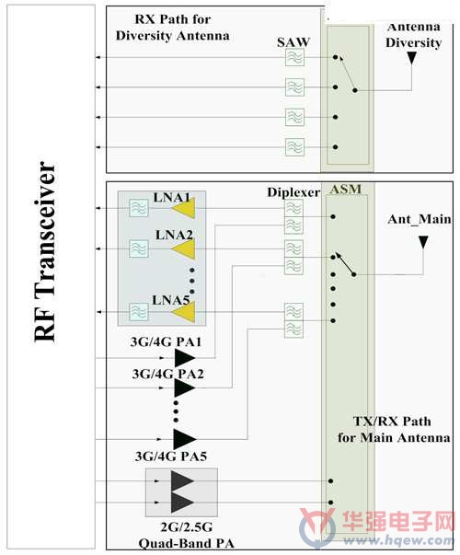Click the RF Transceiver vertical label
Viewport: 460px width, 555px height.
[45, 252]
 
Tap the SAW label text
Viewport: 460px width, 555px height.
[293, 42]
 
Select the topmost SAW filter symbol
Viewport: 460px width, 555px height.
[294, 57]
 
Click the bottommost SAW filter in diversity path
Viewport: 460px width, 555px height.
[294, 147]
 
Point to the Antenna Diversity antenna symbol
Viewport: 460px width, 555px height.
[411, 58]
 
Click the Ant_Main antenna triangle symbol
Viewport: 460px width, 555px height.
[423, 242]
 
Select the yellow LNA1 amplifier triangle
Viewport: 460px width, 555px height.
[184, 209]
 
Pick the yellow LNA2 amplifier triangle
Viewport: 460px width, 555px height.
[184, 249]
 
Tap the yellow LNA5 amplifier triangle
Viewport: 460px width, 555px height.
[184, 312]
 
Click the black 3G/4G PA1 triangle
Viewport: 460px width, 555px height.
[184, 358]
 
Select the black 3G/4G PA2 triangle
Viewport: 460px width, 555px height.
[184, 387]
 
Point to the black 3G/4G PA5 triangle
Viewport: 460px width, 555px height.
[184, 439]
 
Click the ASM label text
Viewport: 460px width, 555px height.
[346, 190]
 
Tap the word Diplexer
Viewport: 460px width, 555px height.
[293, 192]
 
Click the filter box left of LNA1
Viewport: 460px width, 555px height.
[139, 208]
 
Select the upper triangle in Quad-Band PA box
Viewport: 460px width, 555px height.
[182, 481]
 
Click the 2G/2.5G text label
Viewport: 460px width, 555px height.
[187, 527]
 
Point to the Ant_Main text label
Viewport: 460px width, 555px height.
[420, 219]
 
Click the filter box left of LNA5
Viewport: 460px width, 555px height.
[139, 312]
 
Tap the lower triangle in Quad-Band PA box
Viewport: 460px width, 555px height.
[182, 503]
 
